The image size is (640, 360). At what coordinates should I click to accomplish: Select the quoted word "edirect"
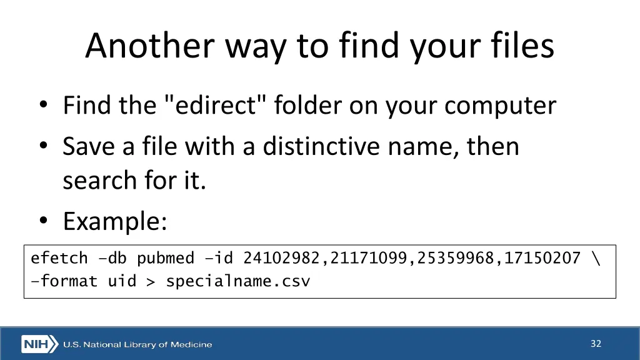click(217, 105)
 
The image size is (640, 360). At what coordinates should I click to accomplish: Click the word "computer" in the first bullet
click(501, 106)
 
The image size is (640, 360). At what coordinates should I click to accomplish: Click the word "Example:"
click(115, 221)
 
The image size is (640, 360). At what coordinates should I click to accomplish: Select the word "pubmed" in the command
click(166, 258)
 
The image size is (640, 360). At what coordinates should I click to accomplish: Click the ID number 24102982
click(281, 258)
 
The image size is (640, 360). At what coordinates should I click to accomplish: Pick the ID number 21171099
click(369, 258)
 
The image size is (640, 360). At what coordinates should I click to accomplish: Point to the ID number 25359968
click(456, 258)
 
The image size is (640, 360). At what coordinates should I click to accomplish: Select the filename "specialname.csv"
click(237, 281)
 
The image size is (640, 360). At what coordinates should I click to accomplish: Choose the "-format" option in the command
click(64, 281)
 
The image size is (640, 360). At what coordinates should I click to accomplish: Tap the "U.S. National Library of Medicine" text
click(137, 344)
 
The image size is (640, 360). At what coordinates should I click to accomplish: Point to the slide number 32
click(596, 343)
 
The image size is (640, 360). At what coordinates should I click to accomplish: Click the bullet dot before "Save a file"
click(42, 146)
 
